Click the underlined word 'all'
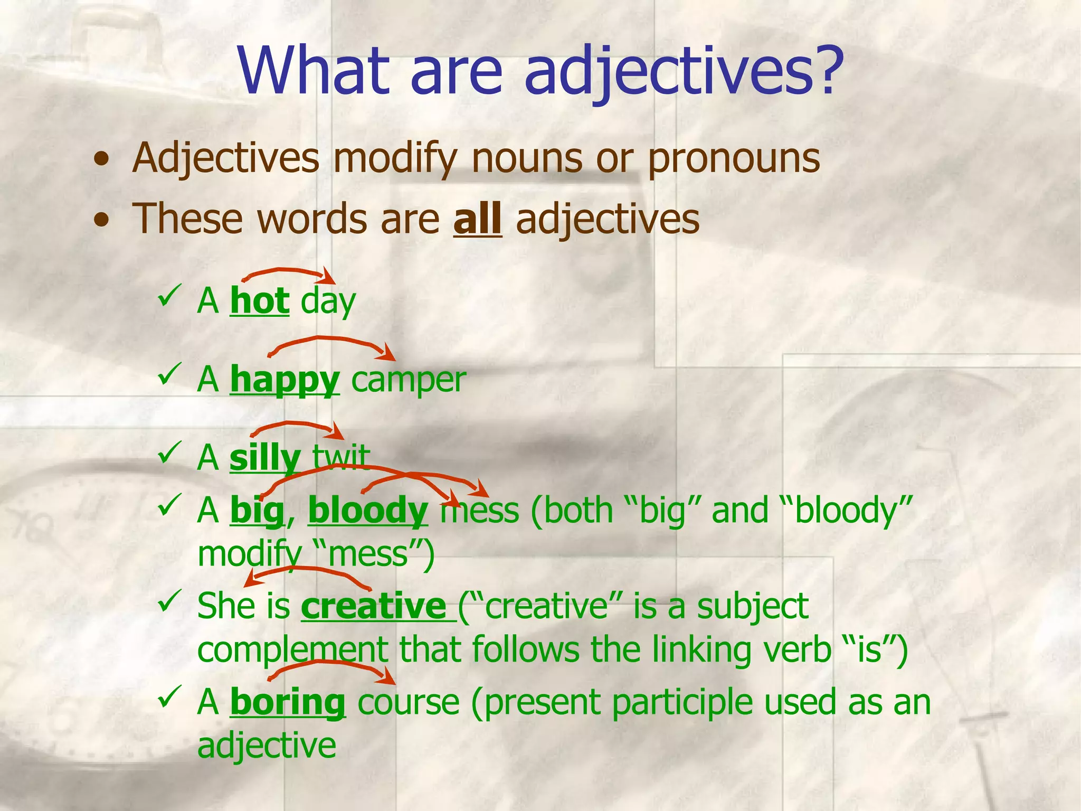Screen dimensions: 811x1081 [477, 219]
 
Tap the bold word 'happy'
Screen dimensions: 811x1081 [285, 380]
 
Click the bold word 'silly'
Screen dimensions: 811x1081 [265, 458]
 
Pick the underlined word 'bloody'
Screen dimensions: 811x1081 [368, 511]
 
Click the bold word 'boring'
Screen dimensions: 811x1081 [288, 702]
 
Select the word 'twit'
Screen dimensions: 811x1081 [341, 457]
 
